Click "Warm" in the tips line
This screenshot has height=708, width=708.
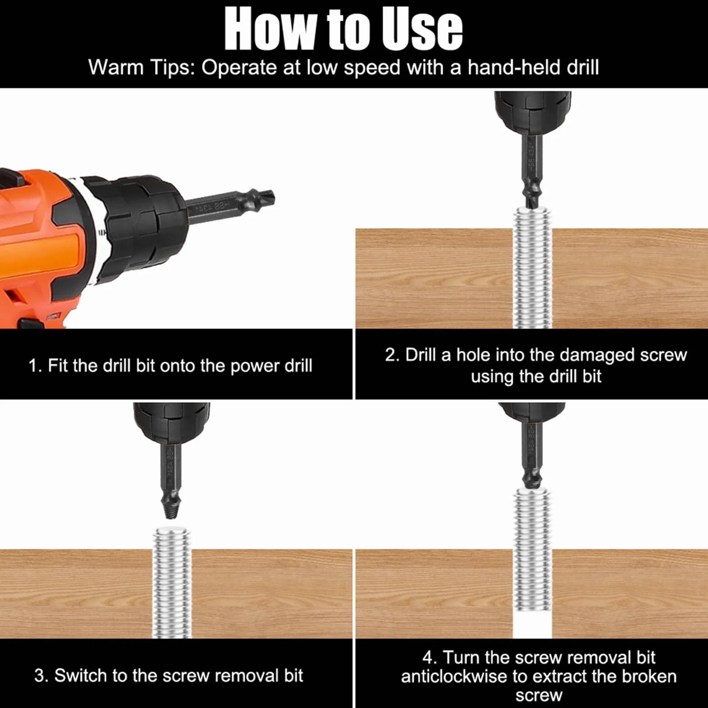pyautogui.click(x=116, y=67)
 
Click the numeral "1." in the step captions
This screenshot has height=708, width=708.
pyautogui.click(x=35, y=366)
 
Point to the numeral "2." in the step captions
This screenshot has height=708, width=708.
pyautogui.click(x=392, y=355)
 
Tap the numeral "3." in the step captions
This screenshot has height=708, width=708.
pyautogui.click(x=41, y=676)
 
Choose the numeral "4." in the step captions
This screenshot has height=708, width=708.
pyautogui.click(x=430, y=657)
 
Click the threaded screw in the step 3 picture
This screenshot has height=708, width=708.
pyautogui.click(x=172, y=582)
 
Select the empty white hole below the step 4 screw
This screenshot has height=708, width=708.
pyautogui.click(x=533, y=625)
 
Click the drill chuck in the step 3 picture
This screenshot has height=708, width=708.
pyautogui.click(x=171, y=423)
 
